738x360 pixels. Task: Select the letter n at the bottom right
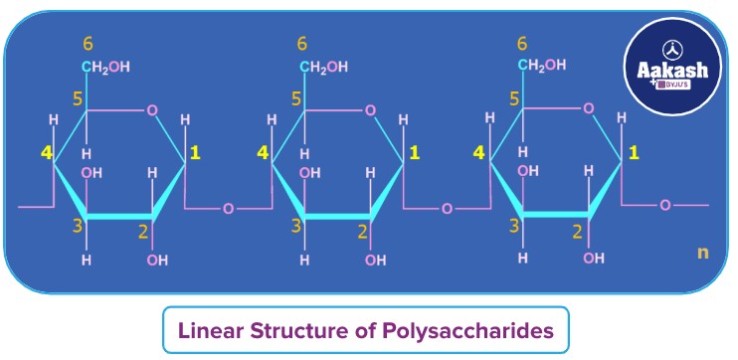(x=703, y=253)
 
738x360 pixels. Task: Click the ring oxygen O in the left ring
(x=151, y=109)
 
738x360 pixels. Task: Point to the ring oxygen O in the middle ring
(x=370, y=109)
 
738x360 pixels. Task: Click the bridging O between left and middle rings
(x=229, y=209)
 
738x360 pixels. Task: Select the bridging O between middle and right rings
(x=447, y=209)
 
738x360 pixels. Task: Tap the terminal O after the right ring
(x=665, y=205)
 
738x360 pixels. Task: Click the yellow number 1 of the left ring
(x=195, y=152)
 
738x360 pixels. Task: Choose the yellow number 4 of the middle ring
(x=263, y=152)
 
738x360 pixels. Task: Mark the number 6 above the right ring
(x=523, y=44)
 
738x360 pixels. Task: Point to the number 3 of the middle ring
(x=295, y=226)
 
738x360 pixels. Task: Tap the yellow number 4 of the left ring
(x=44, y=152)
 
